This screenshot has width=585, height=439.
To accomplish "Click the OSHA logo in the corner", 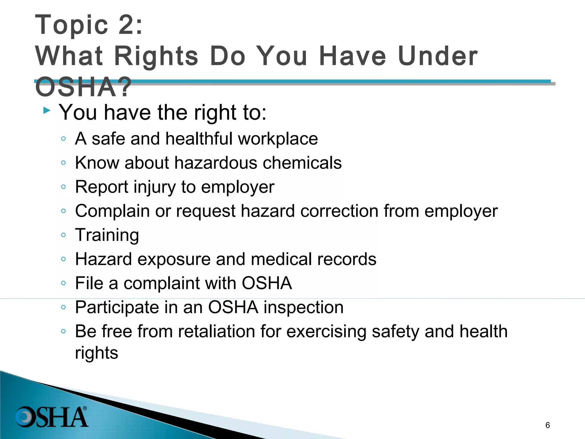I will point(52,417).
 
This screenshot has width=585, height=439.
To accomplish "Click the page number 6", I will point(548,425).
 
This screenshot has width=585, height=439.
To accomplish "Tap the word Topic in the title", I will point(71,25).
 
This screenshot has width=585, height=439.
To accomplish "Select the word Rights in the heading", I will point(156,56).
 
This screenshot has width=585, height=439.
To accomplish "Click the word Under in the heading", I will point(438,56).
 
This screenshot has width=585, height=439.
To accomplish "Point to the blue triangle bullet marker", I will point(47,110).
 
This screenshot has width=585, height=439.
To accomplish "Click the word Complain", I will point(112,211).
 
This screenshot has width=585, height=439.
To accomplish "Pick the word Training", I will point(107,236).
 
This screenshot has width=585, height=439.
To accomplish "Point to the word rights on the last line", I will point(97,353).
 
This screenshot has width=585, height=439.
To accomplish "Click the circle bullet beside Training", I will point(63,235).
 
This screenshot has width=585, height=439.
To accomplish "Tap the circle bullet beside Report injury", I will point(63,187).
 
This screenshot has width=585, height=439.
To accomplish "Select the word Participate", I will point(116,308).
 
